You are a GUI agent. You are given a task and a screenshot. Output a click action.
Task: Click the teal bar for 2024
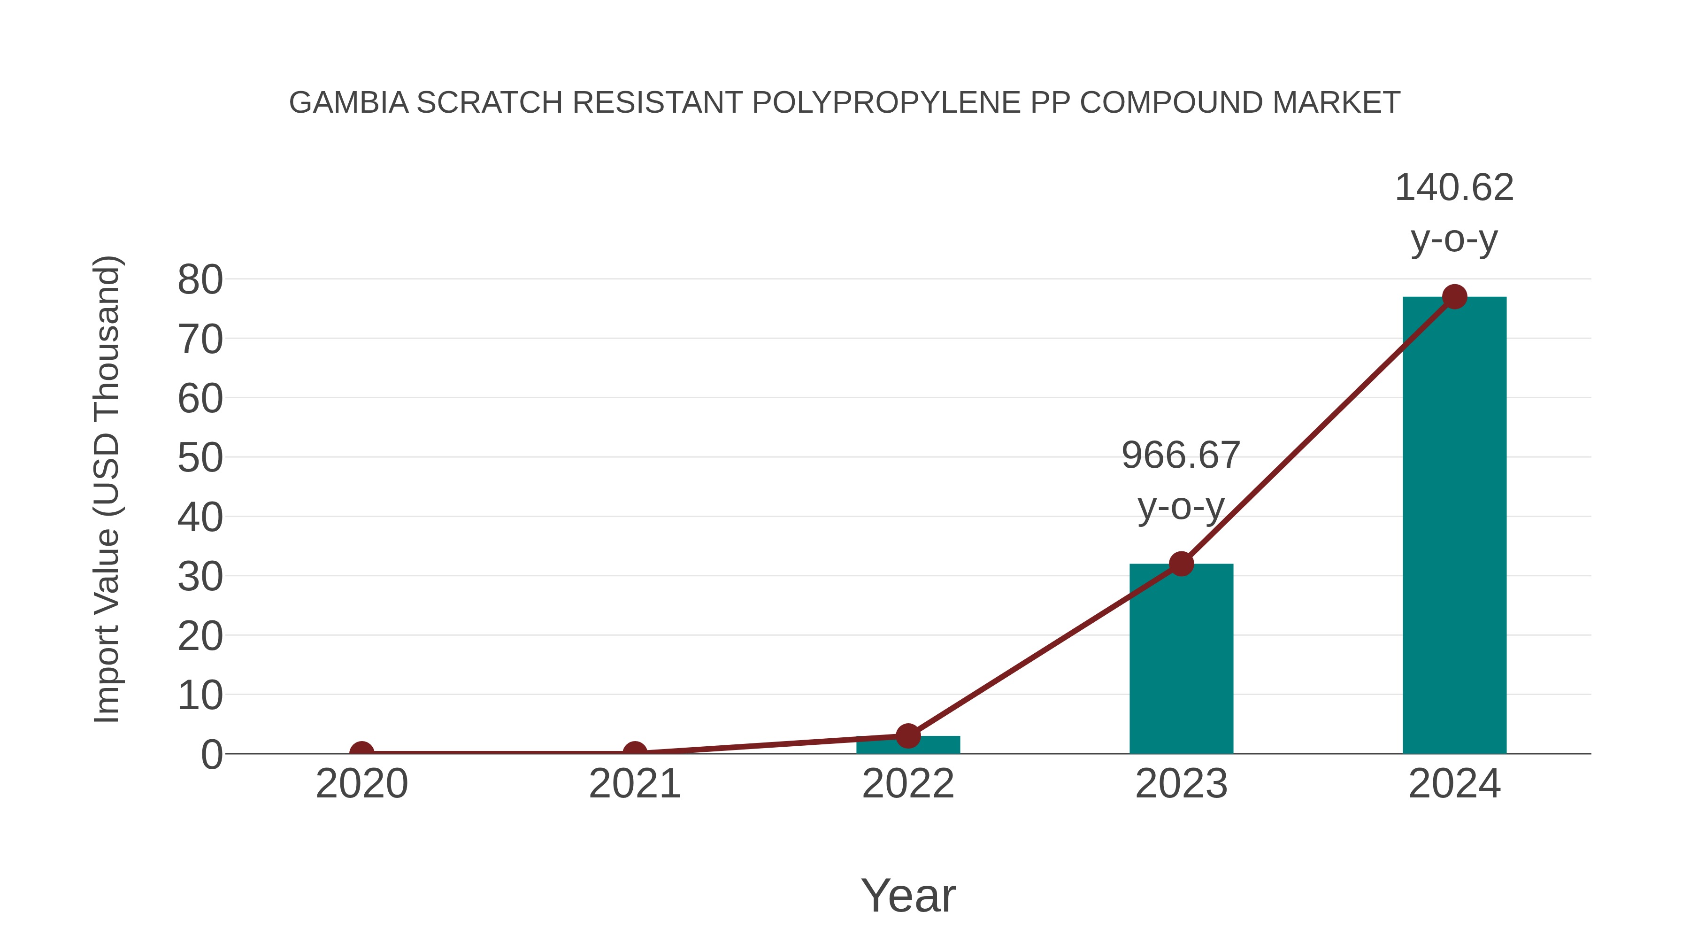pyautogui.click(x=1454, y=525)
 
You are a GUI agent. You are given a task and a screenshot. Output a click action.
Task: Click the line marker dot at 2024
pyautogui.click(x=1454, y=297)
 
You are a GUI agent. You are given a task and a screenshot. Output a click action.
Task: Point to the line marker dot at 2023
pyautogui.click(x=1181, y=564)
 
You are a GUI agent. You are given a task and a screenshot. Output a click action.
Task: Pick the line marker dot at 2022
pyautogui.click(x=908, y=736)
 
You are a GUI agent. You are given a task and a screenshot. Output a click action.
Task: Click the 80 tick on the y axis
pyautogui.click(x=200, y=280)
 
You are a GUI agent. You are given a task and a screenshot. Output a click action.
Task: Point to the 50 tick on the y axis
pyautogui.click(x=200, y=458)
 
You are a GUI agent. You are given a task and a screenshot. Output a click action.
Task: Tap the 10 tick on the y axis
pyautogui.click(x=200, y=695)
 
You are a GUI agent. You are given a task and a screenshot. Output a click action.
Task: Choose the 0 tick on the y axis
pyautogui.click(x=211, y=755)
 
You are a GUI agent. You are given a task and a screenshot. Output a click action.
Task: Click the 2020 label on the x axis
pyautogui.click(x=361, y=784)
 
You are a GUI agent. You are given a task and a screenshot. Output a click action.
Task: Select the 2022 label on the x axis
pyautogui.click(x=908, y=784)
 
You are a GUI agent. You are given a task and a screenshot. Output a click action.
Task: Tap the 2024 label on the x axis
pyautogui.click(x=1454, y=784)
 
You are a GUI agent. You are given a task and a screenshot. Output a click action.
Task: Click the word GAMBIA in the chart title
pyautogui.click(x=348, y=102)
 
